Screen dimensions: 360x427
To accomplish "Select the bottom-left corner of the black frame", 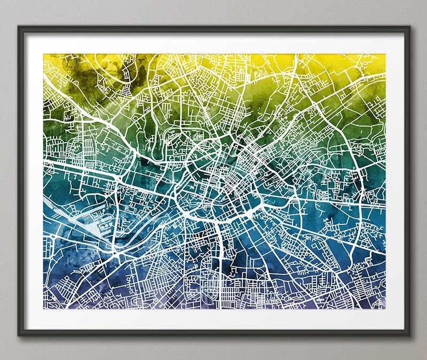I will [18, 335].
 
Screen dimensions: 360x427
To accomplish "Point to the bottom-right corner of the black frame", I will [410, 335].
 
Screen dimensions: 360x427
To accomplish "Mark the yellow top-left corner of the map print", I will [44, 53].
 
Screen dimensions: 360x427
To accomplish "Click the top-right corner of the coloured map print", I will [385, 53].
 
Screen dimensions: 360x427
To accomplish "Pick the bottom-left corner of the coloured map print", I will [44, 309].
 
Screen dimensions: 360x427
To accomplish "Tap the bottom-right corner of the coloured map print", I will [385, 309].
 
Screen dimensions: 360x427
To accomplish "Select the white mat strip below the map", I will [213, 319].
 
